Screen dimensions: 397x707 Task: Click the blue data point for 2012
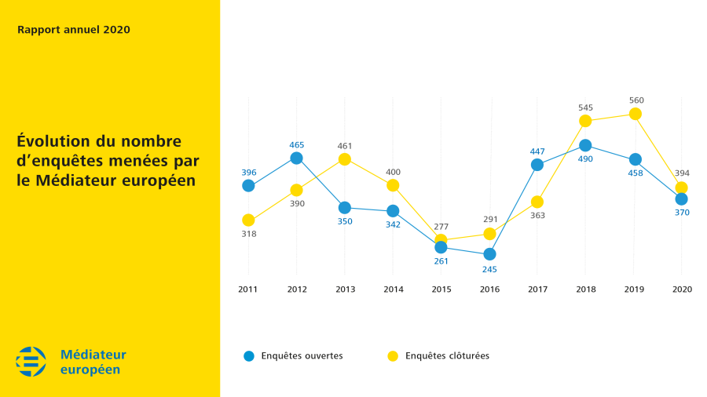[x=296, y=158]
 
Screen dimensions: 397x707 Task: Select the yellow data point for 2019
[x=636, y=114]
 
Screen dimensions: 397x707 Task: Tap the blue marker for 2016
[x=489, y=254]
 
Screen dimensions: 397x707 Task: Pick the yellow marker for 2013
[x=344, y=159]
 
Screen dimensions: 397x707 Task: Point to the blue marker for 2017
[x=537, y=165]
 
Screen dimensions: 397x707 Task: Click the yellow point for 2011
[x=248, y=220]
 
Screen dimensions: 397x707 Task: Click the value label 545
[x=585, y=107]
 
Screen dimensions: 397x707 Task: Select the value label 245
[x=489, y=269]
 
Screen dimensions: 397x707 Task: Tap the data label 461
[x=345, y=145]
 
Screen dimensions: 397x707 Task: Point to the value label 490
[x=585, y=159]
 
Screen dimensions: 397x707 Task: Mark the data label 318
[x=248, y=234]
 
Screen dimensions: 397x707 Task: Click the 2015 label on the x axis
[x=441, y=290]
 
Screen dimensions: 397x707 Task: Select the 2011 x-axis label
[x=248, y=290]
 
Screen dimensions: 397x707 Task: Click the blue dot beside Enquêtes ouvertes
[x=248, y=356]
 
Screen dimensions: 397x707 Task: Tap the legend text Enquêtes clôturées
[x=447, y=356]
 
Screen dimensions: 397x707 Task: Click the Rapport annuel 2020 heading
[x=73, y=30]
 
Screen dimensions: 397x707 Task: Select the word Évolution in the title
[x=53, y=142]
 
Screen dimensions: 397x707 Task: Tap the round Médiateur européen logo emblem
[x=31, y=361]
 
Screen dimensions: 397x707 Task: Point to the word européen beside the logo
[x=90, y=370]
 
